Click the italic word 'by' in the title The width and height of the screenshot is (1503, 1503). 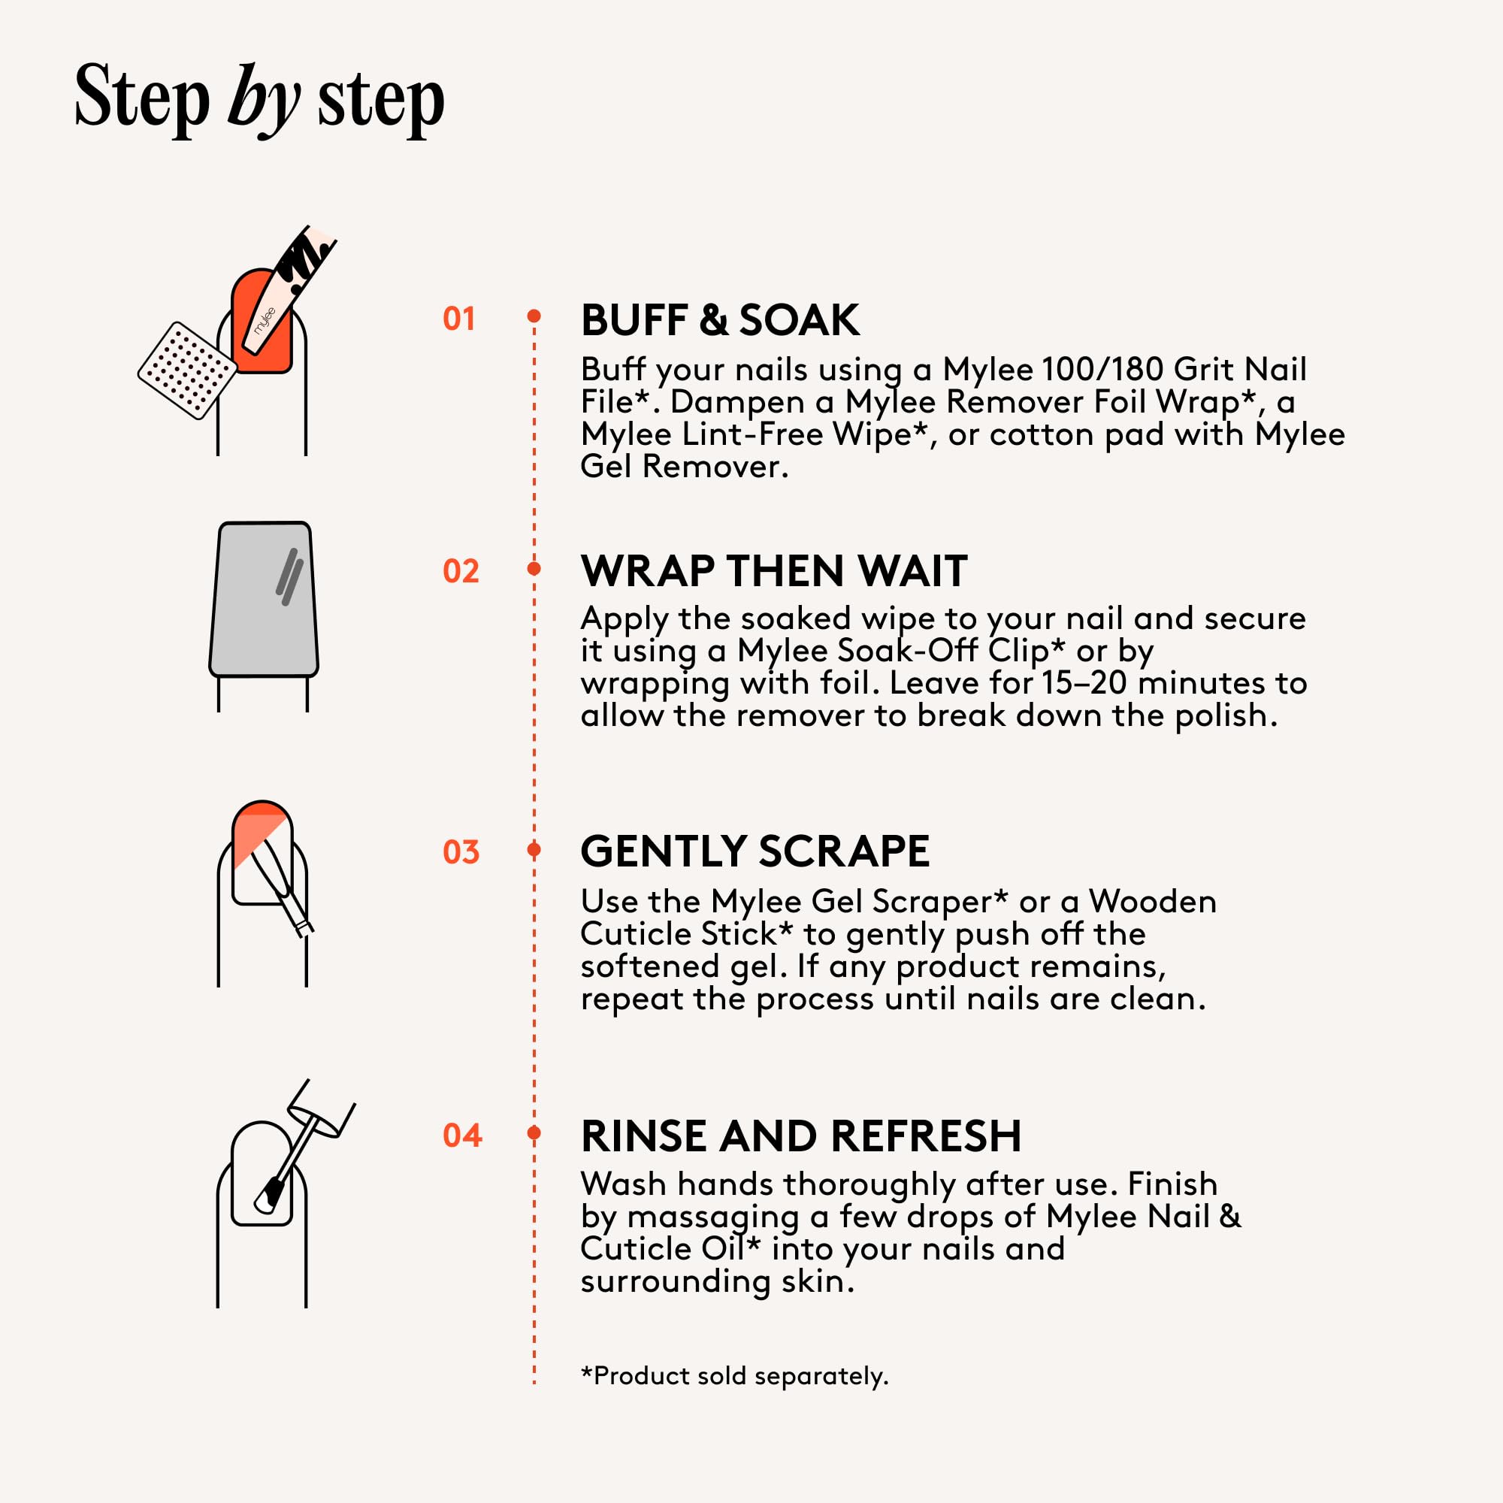click(x=264, y=101)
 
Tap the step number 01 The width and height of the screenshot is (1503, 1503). click(x=459, y=319)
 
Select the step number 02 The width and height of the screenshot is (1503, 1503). click(x=461, y=571)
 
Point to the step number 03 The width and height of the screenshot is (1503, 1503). click(x=461, y=852)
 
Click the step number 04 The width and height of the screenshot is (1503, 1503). click(x=462, y=1135)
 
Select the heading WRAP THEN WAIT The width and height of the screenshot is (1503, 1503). click(x=774, y=570)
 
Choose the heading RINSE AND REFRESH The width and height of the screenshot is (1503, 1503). click(x=801, y=1136)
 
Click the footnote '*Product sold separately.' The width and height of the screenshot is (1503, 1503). click(x=734, y=1375)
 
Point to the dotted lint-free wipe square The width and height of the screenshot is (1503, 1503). click(x=186, y=370)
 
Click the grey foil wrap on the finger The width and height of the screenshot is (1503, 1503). click(x=264, y=599)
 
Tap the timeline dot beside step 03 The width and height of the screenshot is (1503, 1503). click(x=534, y=848)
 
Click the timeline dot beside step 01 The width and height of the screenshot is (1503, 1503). click(x=534, y=316)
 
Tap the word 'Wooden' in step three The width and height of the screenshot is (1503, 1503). click(x=1152, y=901)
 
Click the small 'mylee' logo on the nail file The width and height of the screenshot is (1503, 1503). click(x=265, y=322)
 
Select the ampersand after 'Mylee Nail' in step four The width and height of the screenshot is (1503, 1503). click(x=1230, y=1216)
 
